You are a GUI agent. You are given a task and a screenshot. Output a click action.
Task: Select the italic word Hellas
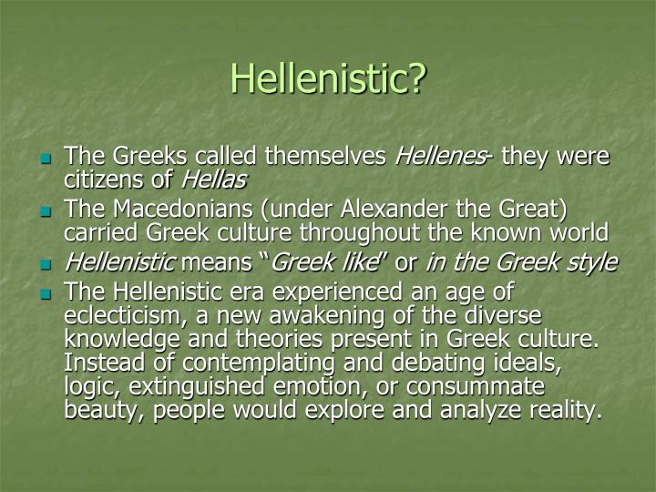pyautogui.click(x=221, y=179)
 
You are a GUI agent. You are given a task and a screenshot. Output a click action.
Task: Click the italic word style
pyautogui.click(x=592, y=262)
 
